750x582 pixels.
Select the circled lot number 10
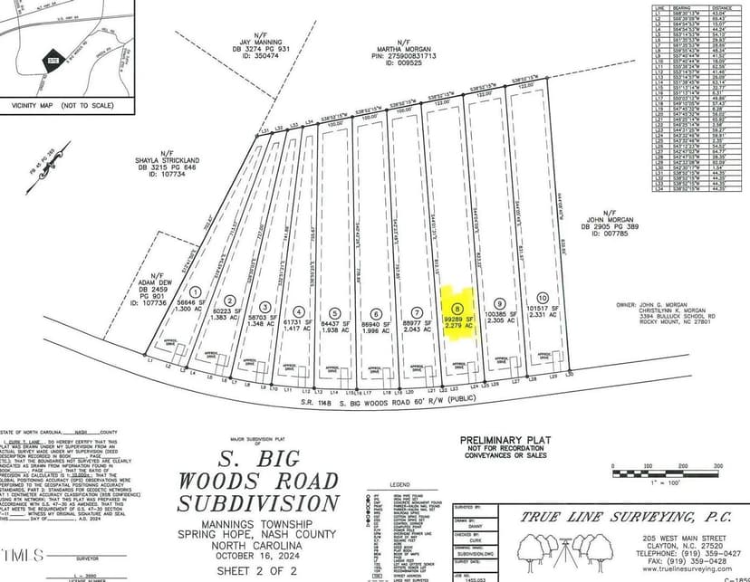coord(542,298)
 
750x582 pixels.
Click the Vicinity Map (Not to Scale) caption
coord(62,106)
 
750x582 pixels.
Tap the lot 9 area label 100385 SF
coord(500,314)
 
